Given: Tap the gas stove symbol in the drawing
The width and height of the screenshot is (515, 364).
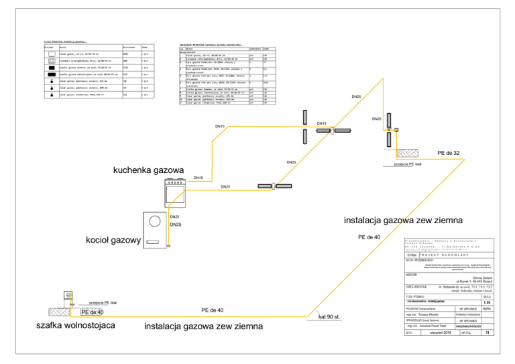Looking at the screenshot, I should pyautogui.click(x=175, y=194).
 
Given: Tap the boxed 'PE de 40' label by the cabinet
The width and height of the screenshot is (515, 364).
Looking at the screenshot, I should pyautogui.click(x=92, y=312).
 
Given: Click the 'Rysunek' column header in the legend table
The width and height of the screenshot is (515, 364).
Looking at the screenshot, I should pyautogui.click(x=49, y=48).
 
